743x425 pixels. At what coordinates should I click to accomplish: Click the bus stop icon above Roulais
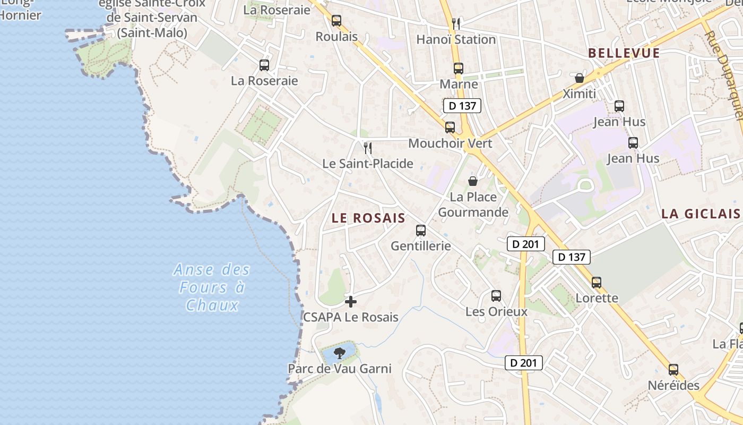tap(336, 21)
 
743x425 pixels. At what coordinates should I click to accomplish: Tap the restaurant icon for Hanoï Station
tap(455, 23)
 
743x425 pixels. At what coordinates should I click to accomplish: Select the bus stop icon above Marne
tap(459, 69)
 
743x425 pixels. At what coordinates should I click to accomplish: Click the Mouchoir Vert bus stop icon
tap(450, 127)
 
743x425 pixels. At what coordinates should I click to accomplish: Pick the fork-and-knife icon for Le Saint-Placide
tap(367, 148)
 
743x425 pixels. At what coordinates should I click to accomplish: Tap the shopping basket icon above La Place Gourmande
tap(473, 181)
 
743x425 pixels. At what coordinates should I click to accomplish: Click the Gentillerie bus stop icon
tap(421, 231)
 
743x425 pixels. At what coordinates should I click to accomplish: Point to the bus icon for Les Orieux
tap(496, 296)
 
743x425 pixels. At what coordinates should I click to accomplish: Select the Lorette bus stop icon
tap(597, 283)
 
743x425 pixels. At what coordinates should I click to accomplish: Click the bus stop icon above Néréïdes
tap(673, 370)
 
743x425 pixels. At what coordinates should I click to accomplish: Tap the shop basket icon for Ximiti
tap(580, 78)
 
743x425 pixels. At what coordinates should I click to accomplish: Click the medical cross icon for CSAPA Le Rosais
tap(350, 302)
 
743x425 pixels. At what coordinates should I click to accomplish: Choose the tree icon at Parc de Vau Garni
tap(339, 353)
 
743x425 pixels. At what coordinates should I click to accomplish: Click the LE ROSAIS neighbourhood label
tap(368, 218)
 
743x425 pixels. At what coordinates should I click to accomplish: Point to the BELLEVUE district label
tap(624, 53)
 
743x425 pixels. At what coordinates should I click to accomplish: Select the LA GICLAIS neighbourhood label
tap(701, 214)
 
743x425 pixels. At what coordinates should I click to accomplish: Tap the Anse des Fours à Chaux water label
tap(212, 287)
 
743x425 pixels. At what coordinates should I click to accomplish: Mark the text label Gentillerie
tap(421, 246)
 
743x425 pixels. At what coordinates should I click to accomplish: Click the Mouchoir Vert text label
tap(450, 143)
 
